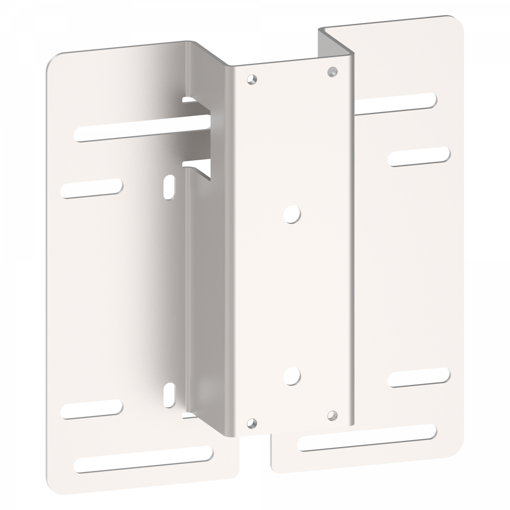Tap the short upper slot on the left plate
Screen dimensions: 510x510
tap(92, 188)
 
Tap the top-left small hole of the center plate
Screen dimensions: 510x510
tap(252, 80)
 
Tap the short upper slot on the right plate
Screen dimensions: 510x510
tap(419, 156)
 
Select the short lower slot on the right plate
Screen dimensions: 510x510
tap(419, 377)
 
